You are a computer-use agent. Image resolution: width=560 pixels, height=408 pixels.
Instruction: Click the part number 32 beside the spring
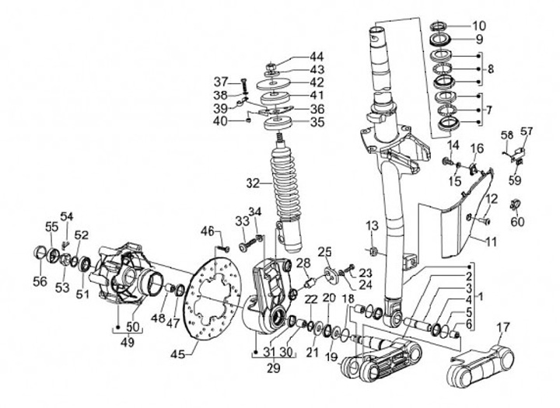point(254,183)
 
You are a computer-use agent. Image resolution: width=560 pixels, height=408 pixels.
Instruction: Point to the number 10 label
point(479,26)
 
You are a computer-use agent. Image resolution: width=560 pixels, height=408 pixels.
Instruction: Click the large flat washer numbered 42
point(274,84)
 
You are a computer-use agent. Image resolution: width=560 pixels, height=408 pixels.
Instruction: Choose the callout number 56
point(40,281)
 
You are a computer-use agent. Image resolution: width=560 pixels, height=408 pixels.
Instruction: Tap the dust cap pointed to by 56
point(40,253)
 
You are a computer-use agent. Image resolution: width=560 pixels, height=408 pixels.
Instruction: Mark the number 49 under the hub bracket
point(128,342)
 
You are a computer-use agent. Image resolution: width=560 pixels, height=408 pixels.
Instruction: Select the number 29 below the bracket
point(274,368)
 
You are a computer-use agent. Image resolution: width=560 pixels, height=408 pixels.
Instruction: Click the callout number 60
point(517,221)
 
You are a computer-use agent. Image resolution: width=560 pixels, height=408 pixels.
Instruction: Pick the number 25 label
point(324,253)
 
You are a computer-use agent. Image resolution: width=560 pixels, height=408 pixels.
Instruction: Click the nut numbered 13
point(372,251)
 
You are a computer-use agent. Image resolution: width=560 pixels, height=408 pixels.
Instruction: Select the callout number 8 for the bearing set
point(490,69)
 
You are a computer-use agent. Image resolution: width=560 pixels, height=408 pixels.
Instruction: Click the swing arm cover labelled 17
point(481,367)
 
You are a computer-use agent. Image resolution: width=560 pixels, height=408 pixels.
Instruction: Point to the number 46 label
point(207,232)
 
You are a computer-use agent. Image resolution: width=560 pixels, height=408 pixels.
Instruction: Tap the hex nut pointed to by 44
point(271,66)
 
